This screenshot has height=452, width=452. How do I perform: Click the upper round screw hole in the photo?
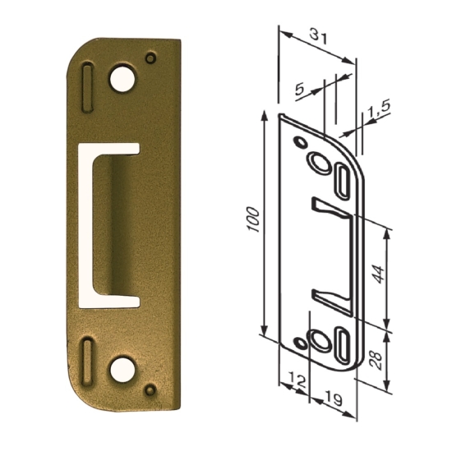[x=122, y=79]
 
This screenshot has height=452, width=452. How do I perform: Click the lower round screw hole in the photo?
[x=122, y=370]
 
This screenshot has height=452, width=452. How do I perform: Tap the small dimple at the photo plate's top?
[x=150, y=58]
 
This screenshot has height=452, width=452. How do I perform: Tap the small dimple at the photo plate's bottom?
[x=150, y=390]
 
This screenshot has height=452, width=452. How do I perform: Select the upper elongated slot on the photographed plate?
[x=87, y=87]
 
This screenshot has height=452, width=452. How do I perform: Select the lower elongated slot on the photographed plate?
[x=87, y=362]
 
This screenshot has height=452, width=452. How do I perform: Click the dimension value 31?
[x=319, y=37]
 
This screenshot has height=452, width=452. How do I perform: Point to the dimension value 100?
[x=253, y=219]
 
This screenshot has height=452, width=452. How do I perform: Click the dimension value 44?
[x=378, y=274]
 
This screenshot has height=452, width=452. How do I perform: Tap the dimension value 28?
[x=376, y=360]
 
